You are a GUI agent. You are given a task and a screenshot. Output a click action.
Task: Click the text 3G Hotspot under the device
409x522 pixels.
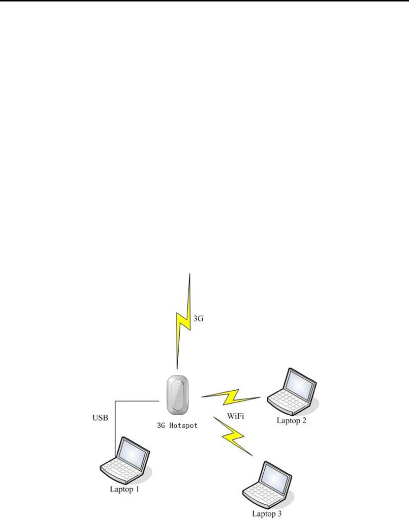(176, 425)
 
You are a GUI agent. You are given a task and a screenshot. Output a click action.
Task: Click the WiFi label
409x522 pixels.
(235, 416)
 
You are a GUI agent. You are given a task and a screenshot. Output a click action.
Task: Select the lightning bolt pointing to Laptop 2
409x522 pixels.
(231, 396)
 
